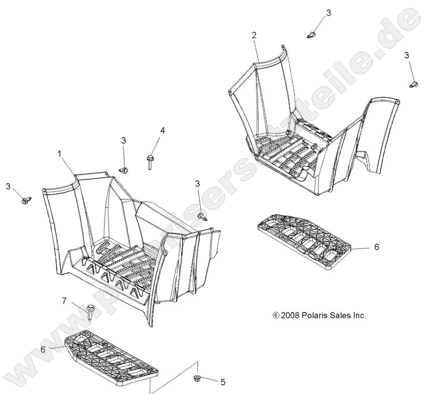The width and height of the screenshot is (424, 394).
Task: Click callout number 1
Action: pos(59,154)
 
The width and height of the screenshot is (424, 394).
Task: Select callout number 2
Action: pos(254,35)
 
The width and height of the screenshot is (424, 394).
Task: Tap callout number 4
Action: pos(162,130)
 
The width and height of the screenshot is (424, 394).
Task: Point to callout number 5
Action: pos(223,382)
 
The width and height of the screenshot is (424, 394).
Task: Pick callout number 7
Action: pos(64,301)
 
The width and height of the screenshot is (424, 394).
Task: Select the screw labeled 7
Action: pos(90,312)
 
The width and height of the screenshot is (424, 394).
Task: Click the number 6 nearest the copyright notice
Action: pos(377,246)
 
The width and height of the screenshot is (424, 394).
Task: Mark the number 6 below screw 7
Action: pos(43,349)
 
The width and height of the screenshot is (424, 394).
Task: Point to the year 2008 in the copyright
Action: pos(290,315)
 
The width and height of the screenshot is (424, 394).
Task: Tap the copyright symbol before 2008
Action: pos(276,315)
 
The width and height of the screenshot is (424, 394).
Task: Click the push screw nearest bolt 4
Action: pos(123,170)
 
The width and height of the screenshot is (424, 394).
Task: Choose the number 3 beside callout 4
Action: pos(123,141)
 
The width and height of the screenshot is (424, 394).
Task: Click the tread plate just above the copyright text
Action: pos(304,238)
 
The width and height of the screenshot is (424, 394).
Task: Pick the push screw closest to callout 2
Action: pos(312,35)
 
